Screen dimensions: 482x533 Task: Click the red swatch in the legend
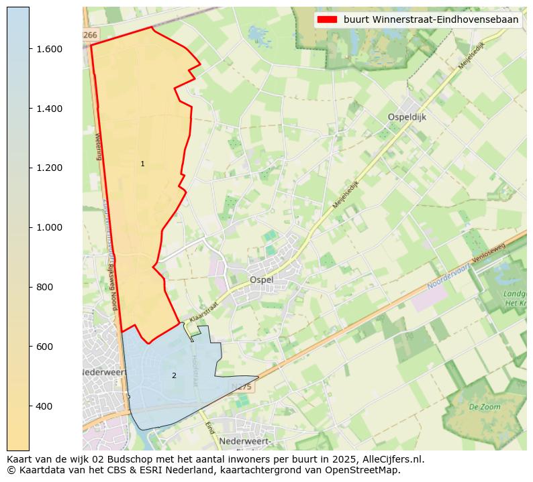pyautogui.click(x=328, y=20)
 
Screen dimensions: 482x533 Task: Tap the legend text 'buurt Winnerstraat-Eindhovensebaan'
pyautogui.click(x=431, y=20)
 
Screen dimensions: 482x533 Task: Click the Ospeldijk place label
pyautogui.click(x=407, y=117)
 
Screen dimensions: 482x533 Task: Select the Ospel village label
pyautogui.click(x=262, y=280)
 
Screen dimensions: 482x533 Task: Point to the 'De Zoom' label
pyautogui.click(x=484, y=407)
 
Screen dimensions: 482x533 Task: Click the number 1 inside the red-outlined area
pyautogui.click(x=142, y=164)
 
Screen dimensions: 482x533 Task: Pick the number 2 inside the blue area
pyautogui.click(x=174, y=375)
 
